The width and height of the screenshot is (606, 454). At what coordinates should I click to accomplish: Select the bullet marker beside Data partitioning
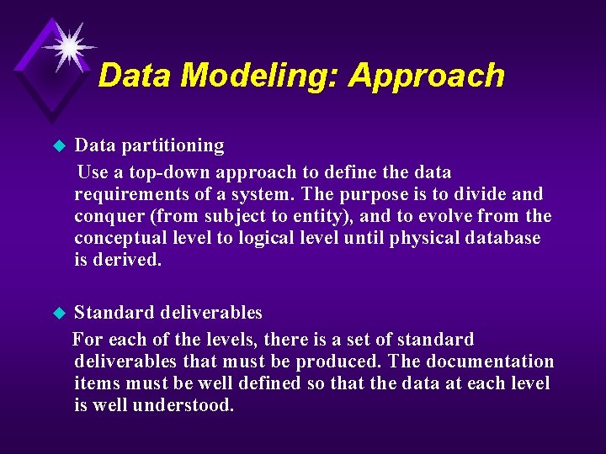coord(59,146)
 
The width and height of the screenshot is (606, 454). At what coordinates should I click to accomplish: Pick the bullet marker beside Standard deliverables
coord(59,314)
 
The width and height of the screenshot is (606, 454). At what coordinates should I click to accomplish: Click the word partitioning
coord(173,146)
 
